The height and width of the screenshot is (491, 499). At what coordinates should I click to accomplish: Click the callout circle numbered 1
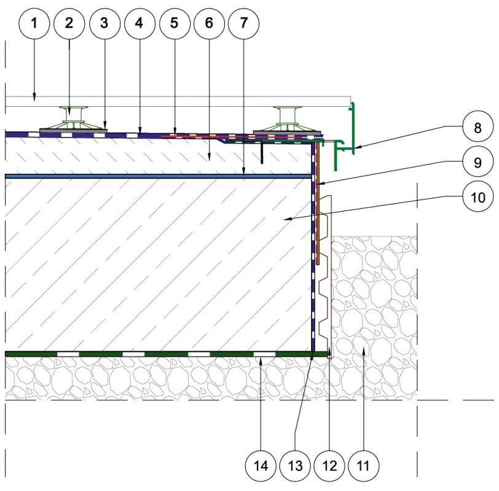[34, 23]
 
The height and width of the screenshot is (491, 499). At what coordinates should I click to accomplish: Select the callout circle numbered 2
[69, 23]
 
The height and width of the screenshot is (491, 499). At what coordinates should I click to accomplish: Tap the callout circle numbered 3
[104, 23]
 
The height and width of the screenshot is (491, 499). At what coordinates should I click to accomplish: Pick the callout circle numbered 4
[139, 23]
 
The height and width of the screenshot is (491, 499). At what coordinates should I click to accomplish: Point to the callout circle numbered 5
[175, 23]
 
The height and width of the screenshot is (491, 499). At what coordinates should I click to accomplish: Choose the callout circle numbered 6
[209, 23]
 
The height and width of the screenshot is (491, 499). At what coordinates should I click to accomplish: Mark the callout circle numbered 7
[244, 23]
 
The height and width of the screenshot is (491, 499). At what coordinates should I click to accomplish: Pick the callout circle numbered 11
[363, 466]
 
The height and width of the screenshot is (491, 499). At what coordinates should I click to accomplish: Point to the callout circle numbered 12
[329, 466]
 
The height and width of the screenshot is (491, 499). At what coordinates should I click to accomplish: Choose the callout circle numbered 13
[295, 466]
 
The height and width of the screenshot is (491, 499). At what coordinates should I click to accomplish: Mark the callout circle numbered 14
[261, 466]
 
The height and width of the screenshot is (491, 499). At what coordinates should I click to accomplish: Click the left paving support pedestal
[73, 118]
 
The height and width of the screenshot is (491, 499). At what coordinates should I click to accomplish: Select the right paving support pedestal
[288, 118]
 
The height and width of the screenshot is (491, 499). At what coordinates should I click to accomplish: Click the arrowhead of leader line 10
[287, 218]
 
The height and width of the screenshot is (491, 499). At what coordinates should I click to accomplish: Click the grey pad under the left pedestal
[73, 130]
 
